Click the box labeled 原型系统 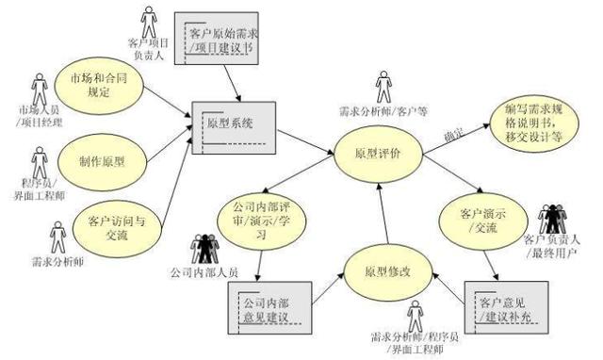230,125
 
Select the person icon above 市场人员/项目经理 40,90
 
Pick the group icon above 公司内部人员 204,248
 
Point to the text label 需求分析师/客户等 383,111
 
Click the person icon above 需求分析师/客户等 383,86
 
